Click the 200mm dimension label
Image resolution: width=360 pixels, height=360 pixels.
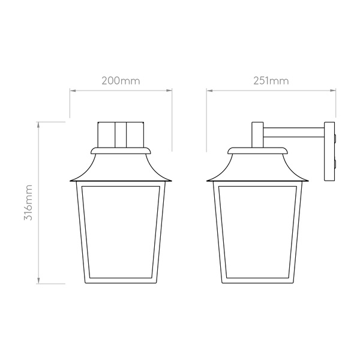coord(121,81)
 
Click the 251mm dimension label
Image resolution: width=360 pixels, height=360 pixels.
coord(271,81)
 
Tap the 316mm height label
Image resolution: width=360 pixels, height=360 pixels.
coord(28,202)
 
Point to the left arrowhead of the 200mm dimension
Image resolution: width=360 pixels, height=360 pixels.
coord(73,91)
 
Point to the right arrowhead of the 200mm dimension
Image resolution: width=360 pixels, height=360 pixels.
coord(169,91)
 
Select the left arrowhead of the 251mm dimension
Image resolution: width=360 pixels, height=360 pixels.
coord(209,91)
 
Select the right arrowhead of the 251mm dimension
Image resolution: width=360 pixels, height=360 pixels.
coord(333,91)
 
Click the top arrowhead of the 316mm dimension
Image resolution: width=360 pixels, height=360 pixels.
coord(38,125)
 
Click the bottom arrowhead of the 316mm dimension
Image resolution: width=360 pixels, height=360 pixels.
coord(38,281)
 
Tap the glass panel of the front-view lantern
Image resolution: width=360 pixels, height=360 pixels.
coord(121,232)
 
